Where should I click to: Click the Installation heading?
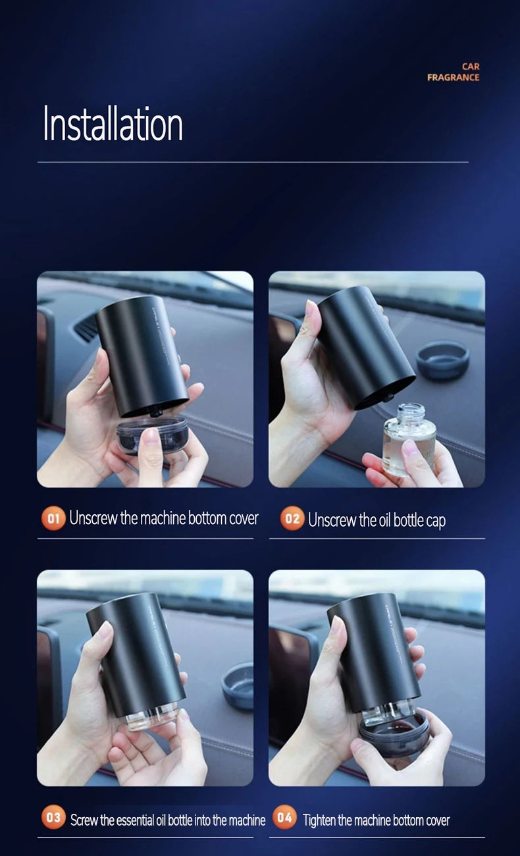[113, 124]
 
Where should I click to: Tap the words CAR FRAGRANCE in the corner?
[454, 72]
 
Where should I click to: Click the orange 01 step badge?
[53, 518]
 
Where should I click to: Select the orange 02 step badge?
[292, 519]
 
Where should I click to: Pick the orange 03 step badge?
[53, 818]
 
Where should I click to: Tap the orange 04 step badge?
[284, 818]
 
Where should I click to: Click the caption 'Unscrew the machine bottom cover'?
[164, 518]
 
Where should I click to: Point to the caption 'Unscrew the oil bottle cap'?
[377, 520]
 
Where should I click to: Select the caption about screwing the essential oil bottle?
[168, 820]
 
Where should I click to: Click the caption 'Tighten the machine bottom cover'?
[376, 820]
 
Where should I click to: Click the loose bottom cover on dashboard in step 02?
[443, 360]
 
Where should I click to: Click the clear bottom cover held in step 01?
[151, 435]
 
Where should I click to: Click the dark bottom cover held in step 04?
[394, 732]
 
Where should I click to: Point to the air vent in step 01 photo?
[86, 327]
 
